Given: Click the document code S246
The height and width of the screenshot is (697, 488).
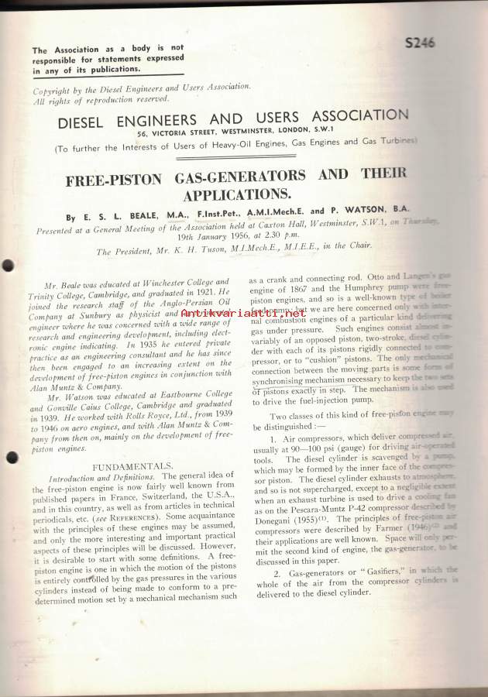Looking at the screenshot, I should pyautogui.click(x=420, y=43).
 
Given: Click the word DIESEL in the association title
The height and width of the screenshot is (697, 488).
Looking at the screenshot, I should pyautogui.click(x=84, y=122).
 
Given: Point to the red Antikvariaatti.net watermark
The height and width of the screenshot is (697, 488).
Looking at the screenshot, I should pyautogui.click(x=243, y=312).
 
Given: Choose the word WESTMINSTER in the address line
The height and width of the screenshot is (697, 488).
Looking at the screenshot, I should pyautogui.click(x=257, y=132).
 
